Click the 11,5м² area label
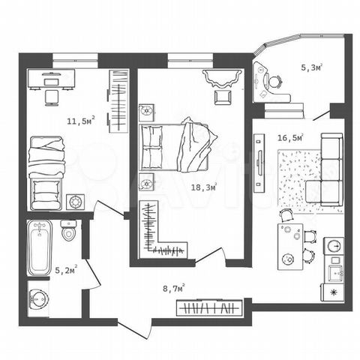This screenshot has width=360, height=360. (81, 121)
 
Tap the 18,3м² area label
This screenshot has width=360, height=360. (204, 187)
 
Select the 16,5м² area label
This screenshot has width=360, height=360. (291, 137)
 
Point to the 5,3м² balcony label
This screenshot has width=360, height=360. (311, 67)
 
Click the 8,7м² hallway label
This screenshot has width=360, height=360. (174, 288)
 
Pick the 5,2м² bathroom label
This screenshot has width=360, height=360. (66, 270)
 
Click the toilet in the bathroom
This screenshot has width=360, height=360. (68, 230)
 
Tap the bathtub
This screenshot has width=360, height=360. (40, 247)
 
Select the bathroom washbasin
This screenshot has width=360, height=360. (38, 298)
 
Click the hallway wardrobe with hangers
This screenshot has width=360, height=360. (209, 307)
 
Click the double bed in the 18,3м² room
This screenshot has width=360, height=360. (175, 147)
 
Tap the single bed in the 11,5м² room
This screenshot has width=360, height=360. (46, 173)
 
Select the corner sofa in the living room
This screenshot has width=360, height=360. (328, 170)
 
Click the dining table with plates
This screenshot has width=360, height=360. (290, 247)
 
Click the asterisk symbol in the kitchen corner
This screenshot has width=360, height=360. (333, 292)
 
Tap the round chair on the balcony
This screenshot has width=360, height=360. (275, 81)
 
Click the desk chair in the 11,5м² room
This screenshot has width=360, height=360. (52, 97)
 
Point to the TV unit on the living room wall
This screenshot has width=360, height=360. (259, 163)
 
